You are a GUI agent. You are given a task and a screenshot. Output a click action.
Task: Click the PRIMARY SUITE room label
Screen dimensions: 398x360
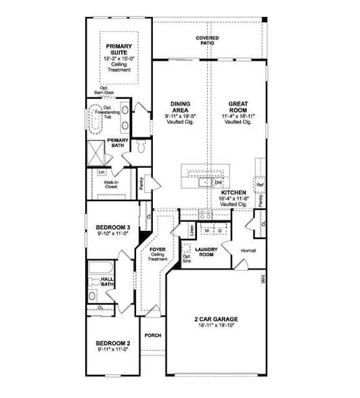pyautogui.click(x=119, y=50)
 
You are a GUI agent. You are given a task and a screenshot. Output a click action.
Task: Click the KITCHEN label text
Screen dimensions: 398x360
pyautogui.click(x=233, y=193)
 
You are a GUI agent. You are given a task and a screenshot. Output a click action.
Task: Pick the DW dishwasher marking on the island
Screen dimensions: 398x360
pyautogui.click(x=218, y=183)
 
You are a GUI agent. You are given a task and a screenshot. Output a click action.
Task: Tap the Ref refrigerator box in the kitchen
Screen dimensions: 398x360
pyautogui.click(x=259, y=183)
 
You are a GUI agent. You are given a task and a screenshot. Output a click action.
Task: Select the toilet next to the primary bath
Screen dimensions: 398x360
pyautogui.click(x=141, y=147)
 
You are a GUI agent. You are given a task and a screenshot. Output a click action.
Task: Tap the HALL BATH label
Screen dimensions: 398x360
pyautogui.click(x=108, y=282)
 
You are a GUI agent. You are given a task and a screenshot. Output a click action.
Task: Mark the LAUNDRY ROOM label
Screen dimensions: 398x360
pyautogui.click(x=204, y=251)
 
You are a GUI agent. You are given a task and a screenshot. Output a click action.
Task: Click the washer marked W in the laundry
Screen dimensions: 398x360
pyautogui.click(x=206, y=231)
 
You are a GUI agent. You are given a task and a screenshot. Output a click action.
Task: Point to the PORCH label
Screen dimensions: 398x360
pyautogui.click(x=152, y=335)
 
